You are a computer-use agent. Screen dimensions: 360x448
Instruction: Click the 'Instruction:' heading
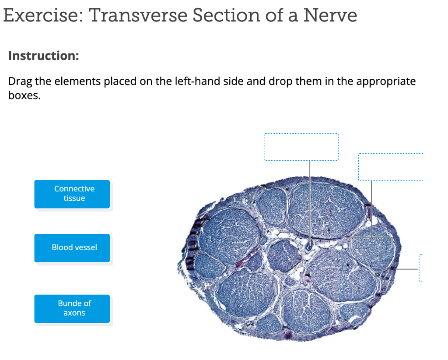(x=43, y=56)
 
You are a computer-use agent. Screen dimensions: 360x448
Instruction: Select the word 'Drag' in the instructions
(x=19, y=81)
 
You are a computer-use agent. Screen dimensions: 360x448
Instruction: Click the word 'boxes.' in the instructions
(x=24, y=95)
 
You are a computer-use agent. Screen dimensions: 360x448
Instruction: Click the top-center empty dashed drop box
(x=301, y=147)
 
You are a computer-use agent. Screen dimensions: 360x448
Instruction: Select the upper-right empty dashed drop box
(x=390, y=167)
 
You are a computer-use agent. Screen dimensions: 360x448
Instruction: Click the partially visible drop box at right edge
(x=420, y=268)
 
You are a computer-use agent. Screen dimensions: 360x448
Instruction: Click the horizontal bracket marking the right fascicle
(x=371, y=237)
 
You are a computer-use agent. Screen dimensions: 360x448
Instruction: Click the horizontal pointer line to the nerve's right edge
(x=407, y=268)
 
